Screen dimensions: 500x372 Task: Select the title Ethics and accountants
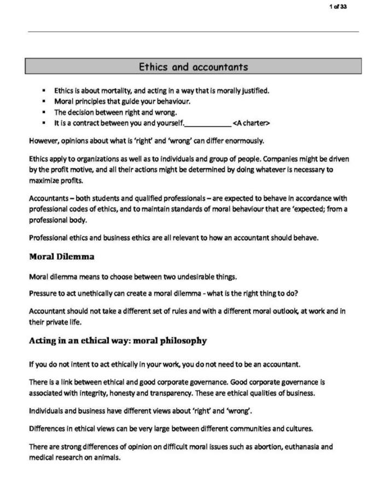pos(193,67)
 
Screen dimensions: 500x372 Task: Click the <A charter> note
pos(251,123)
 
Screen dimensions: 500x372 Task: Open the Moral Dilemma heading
pos(61,256)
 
